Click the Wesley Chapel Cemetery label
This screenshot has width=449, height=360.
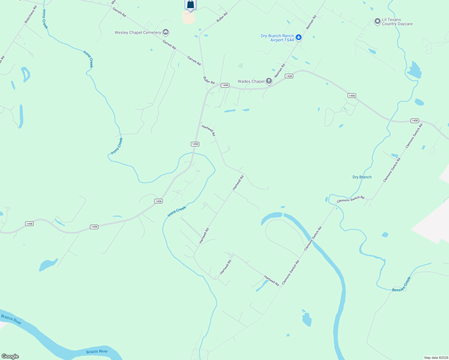coord(138,32)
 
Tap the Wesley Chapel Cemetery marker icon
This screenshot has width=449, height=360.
coord(166,32)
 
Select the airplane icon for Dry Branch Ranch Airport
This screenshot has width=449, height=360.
coord(298,37)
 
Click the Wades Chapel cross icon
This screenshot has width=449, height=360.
coord(269,81)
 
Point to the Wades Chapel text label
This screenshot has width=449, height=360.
coord(251,81)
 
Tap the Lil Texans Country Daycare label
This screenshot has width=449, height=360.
coord(397,22)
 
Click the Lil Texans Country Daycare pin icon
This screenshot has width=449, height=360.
coord(377,22)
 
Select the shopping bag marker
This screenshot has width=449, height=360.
coord(190,4)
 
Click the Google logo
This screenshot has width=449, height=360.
coord(10,356)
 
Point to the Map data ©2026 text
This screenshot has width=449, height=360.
coord(436,358)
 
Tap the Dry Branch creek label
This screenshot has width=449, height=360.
coord(362,177)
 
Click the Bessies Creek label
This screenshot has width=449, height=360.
coord(401,285)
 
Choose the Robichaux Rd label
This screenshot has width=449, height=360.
coord(31,14)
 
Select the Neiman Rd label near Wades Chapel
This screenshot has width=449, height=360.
coord(279,71)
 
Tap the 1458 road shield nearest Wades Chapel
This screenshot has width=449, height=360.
coord(289,76)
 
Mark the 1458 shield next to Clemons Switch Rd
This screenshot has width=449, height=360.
coord(414,121)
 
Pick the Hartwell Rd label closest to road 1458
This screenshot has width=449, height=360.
coord(209,130)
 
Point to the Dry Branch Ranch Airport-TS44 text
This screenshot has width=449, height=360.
coord(277,38)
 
